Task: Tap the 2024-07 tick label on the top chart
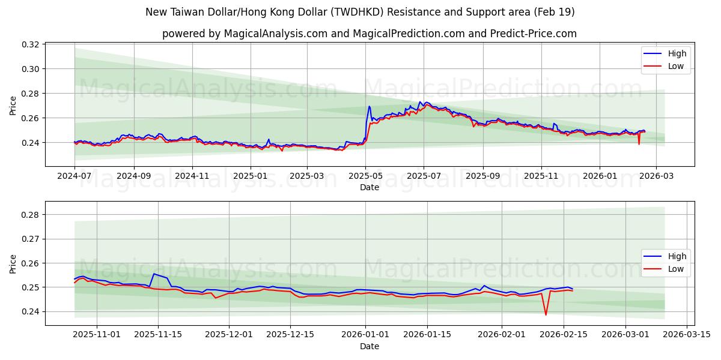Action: tap(75, 176)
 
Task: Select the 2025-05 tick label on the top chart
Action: tap(365, 176)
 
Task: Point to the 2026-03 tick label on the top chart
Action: tap(656, 176)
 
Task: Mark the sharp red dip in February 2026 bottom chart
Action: tap(546, 314)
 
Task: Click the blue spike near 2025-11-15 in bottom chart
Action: tap(154, 274)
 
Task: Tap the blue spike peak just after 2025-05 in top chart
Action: tap(370, 107)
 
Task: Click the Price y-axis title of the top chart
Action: tap(13, 106)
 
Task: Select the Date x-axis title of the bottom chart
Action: tap(369, 346)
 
